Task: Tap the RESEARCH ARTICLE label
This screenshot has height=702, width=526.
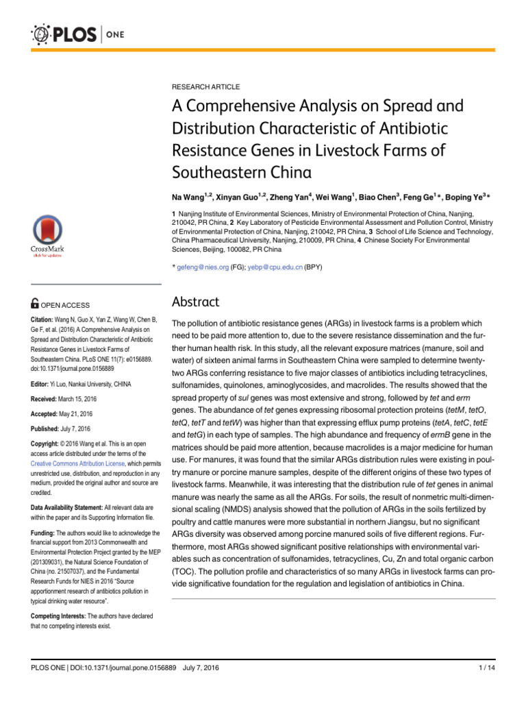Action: pos(205,87)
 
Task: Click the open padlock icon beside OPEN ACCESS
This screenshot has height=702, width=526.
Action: pos(35,305)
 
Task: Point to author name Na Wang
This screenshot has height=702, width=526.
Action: pos(189,197)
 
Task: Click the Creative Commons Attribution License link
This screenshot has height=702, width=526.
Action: pos(77,464)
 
